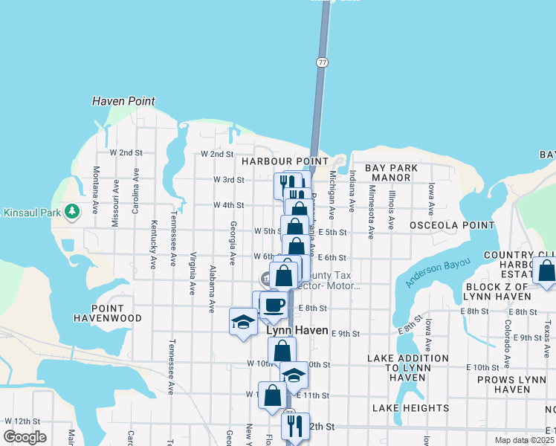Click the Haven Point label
123,101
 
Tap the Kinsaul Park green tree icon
72,212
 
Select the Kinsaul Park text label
31,213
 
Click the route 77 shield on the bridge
322,62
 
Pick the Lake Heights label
411,408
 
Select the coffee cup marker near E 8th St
274,305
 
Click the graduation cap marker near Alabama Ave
243,322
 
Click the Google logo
25,436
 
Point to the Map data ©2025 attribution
524,440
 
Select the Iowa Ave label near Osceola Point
430,197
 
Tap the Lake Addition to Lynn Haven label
408,368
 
